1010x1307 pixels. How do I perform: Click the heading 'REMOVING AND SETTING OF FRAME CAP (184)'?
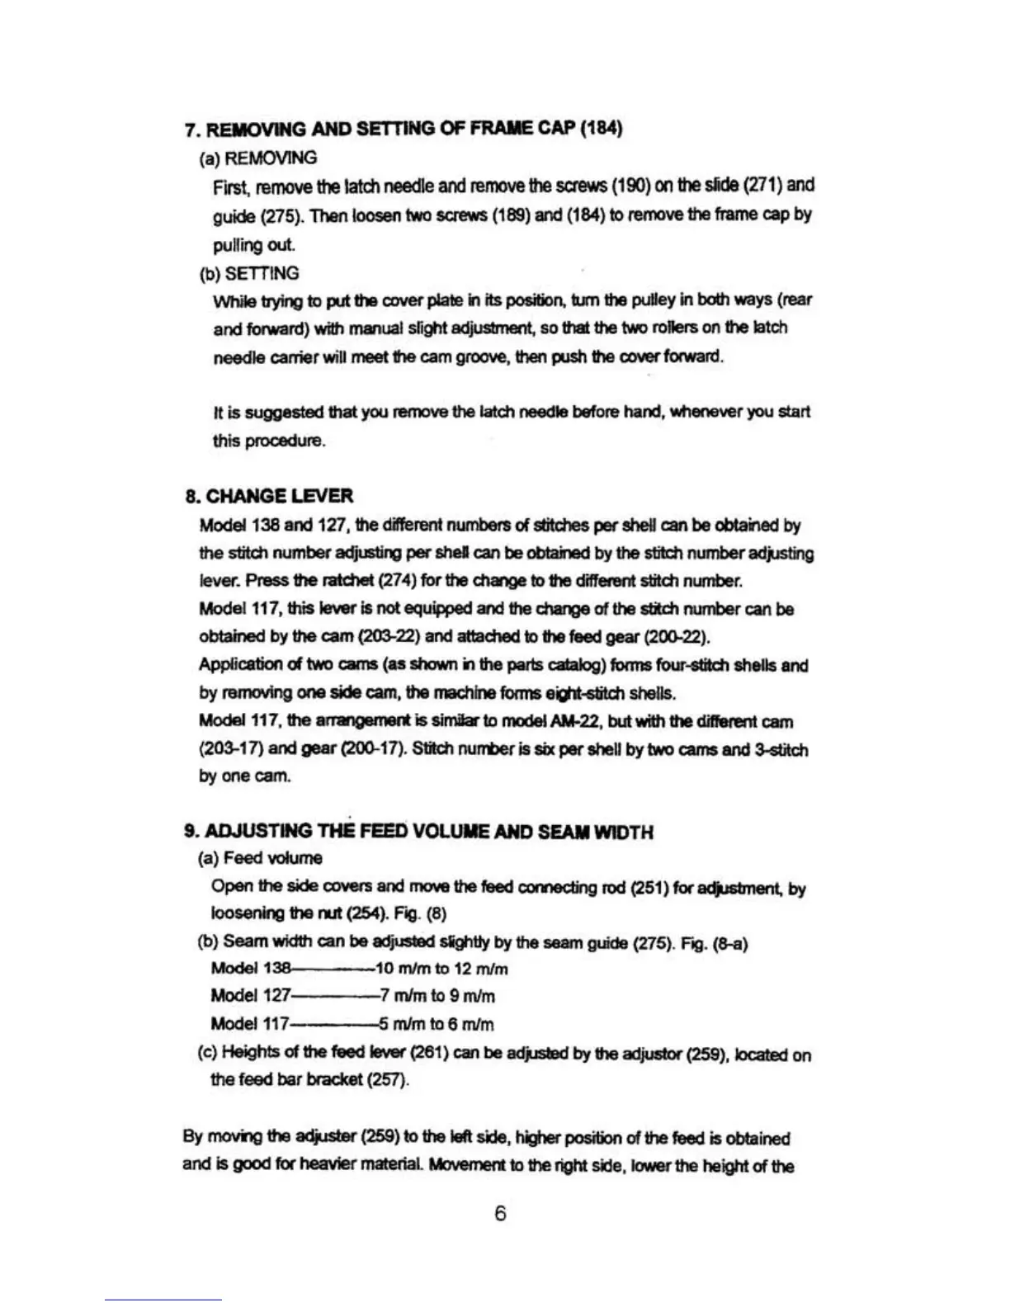click(x=413, y=129)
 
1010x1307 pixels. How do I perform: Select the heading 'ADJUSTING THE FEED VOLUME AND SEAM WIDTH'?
click(x=428, y=831)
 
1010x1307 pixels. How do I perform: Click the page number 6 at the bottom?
click(x=500, y=1213)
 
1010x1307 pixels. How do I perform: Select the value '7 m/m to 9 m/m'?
click(x=437, y=996)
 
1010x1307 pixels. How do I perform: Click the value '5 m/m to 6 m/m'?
click(x=437, y=1024)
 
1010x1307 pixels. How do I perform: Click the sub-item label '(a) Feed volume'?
click(x=261, y=858)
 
